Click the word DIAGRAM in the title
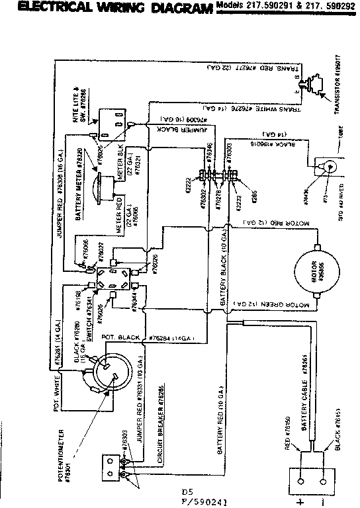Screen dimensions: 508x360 coord(177,9)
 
